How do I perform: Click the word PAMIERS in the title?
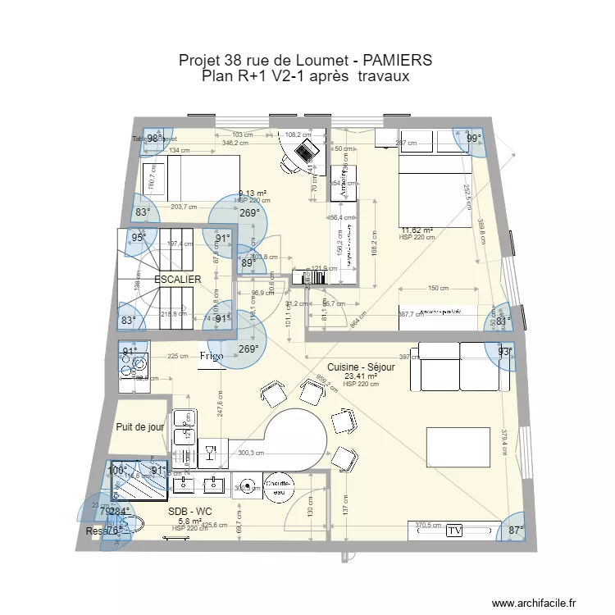pos(388,61)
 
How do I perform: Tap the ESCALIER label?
pos(178,280)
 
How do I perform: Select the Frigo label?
pos(212,357)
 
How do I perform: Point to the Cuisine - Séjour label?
pos(361,367)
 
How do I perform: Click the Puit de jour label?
pos(140,427)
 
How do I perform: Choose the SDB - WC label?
pos(190,511)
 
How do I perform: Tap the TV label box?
pos(454,531)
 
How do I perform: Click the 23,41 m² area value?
pos(361,377)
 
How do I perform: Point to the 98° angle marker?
pos(154,139)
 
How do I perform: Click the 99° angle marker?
pos(473,139)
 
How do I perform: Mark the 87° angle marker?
pos(515,531)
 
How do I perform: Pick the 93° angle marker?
pos(504,353)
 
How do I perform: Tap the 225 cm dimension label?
pos(178,357)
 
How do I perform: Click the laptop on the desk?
pos(307,151)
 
